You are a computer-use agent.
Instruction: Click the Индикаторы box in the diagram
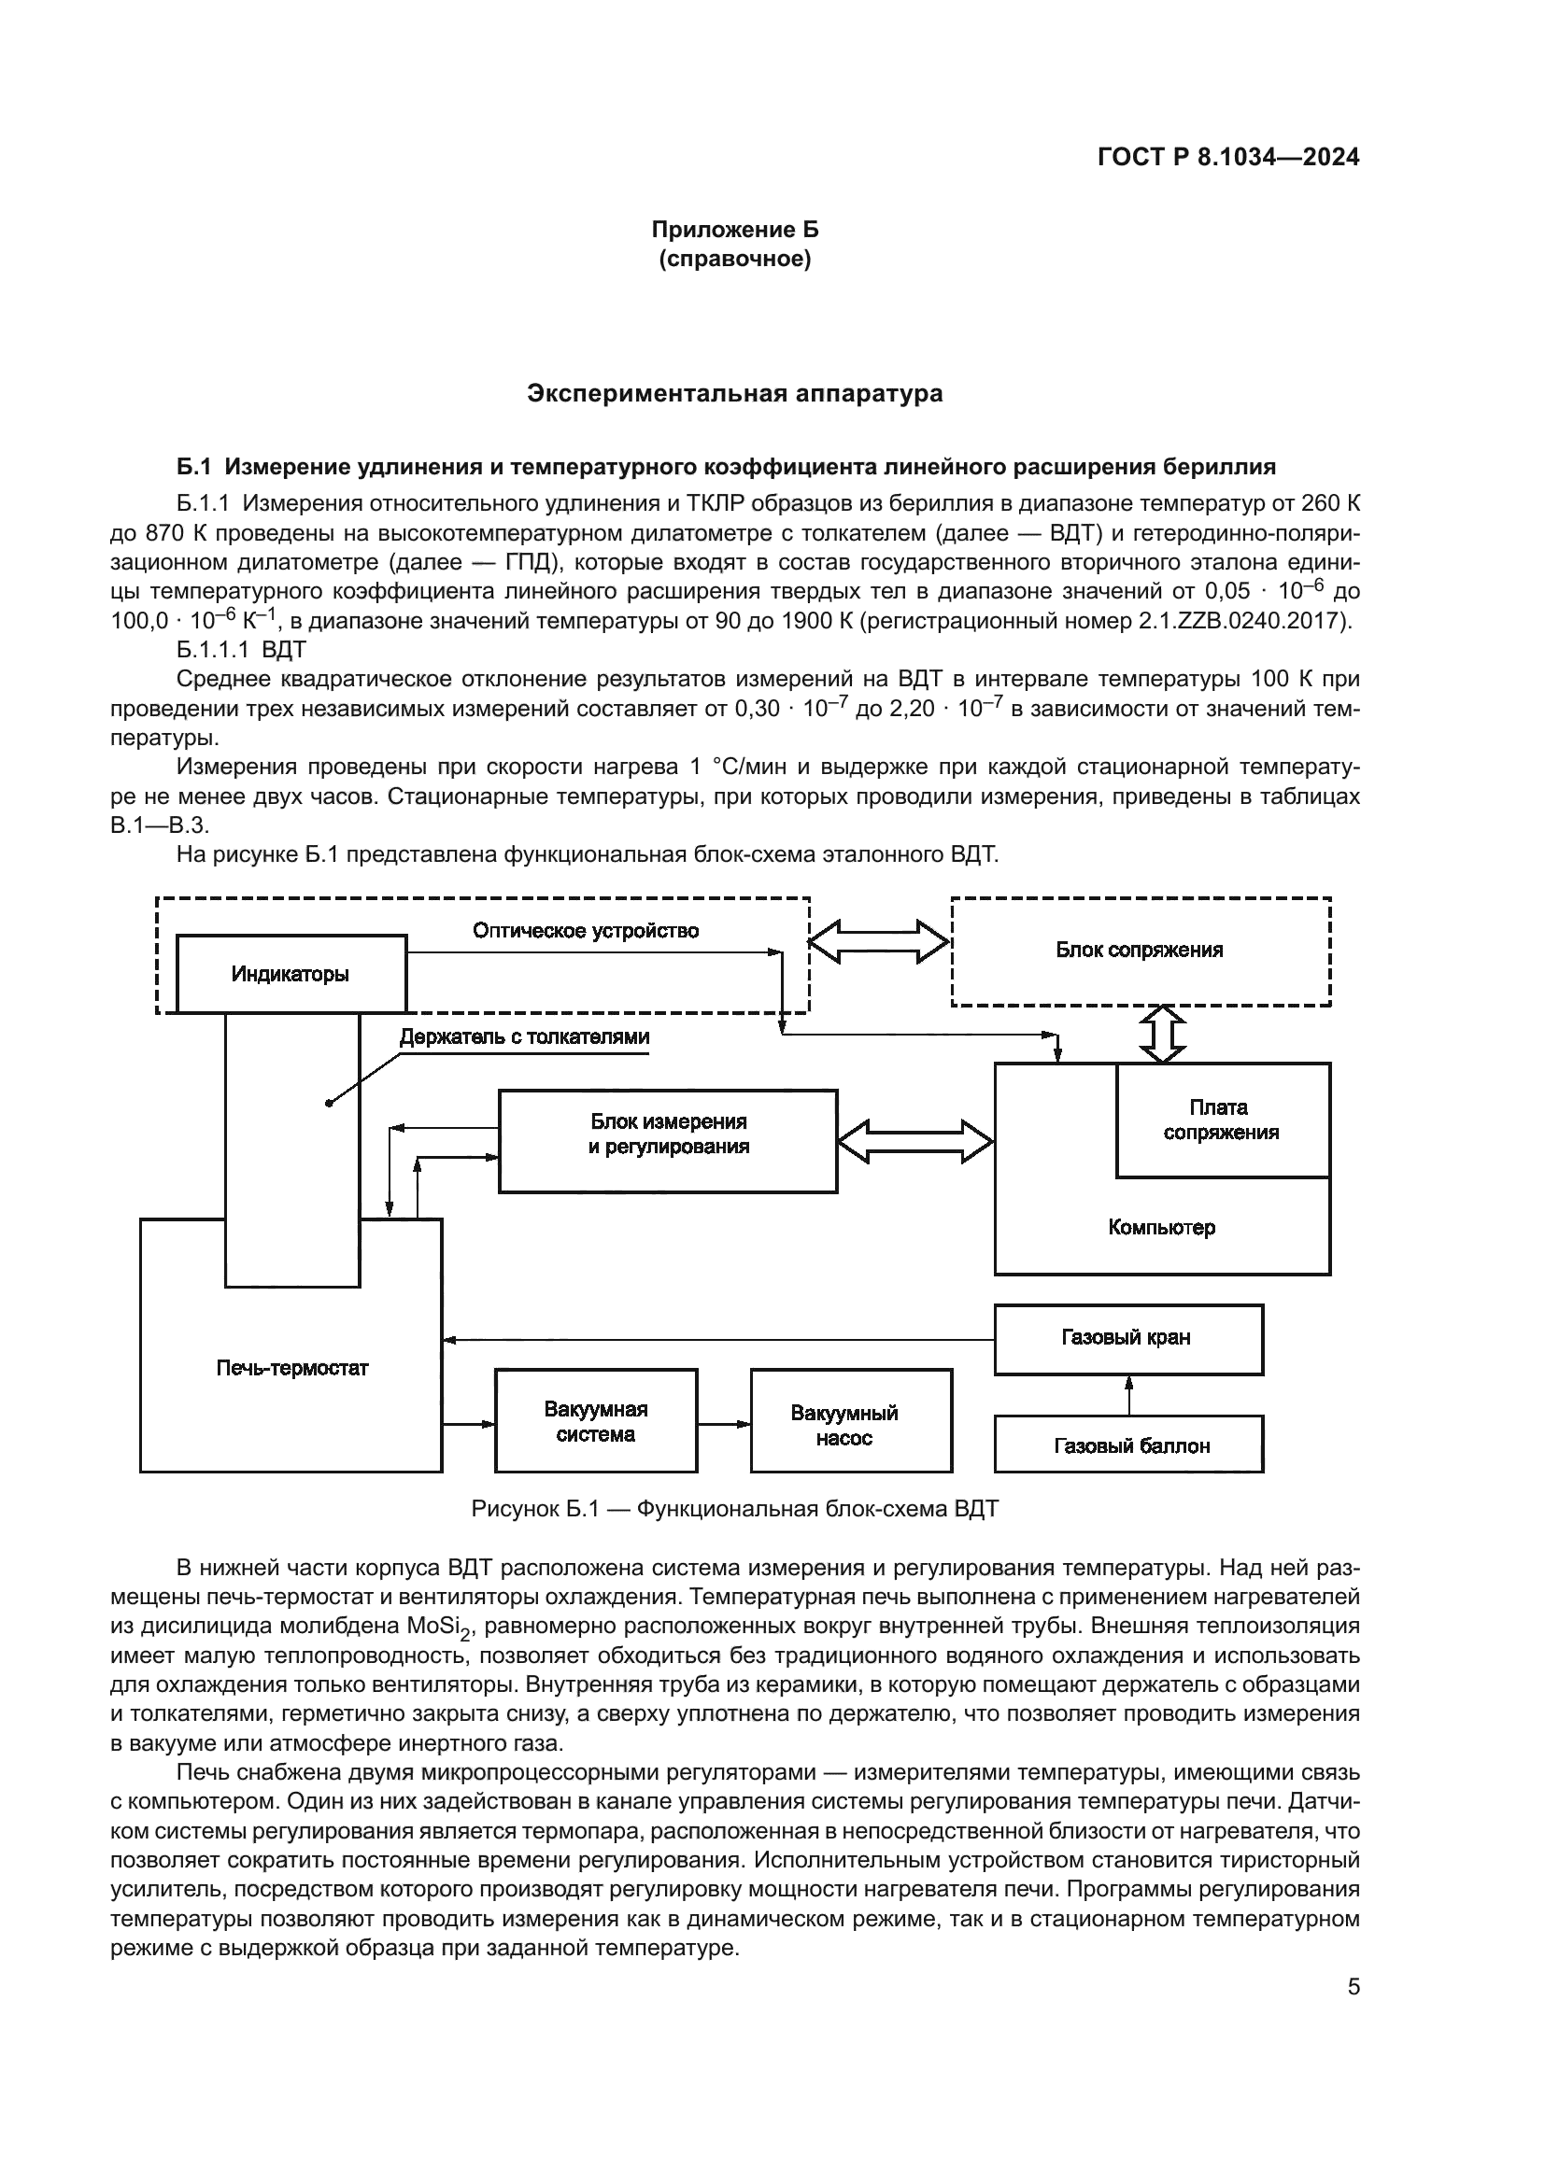coord(291,974)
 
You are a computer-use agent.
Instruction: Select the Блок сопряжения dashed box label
coord(1139,950)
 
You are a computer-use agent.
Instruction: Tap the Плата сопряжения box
coord(1221,1120)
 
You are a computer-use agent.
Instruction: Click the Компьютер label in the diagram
coord(1161,1227)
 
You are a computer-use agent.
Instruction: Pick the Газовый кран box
coord(1127,1337)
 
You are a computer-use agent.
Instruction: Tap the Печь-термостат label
coord(292,1368)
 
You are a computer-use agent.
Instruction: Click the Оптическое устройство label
coord(585,930)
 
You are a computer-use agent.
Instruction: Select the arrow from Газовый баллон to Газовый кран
coord(1128,1394)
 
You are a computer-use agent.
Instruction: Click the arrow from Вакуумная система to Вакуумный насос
coord(723,1424)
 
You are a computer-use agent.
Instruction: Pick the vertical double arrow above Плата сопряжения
coord(1163,1034)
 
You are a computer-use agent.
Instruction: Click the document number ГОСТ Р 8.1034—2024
coord(1228,158)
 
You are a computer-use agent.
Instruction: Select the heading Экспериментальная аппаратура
coord(734,394)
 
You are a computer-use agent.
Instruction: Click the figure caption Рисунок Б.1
coord(734,1510)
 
